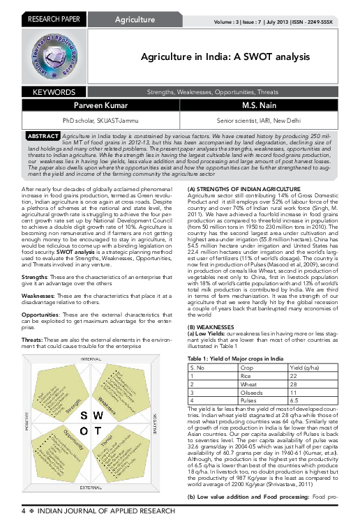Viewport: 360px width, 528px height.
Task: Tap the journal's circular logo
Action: tap(51, 58)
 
